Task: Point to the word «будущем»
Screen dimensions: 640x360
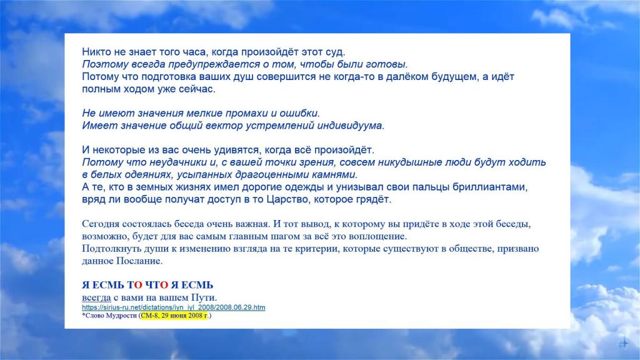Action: (x=453, y=77)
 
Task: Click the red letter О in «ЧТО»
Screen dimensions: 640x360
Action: (x=164, y=285)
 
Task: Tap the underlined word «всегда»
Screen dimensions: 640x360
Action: (x=96, y=297)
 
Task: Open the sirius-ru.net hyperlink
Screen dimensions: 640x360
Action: (x=174, y=307)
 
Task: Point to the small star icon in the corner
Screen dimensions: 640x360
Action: (x=623, y=343)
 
